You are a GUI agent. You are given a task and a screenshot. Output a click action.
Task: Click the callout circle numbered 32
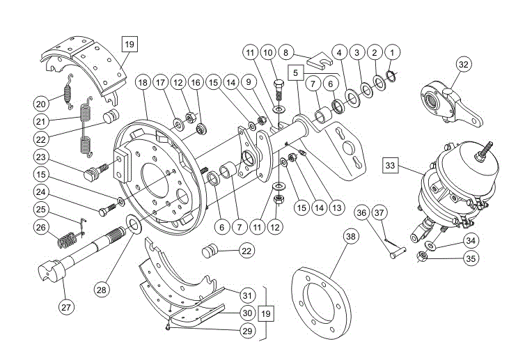[x=464, y=65]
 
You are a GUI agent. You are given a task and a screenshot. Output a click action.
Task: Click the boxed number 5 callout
[x=296, y=71]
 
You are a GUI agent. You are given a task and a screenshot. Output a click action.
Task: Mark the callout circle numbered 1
[x=392, y=52]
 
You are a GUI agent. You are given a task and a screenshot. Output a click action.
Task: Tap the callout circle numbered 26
[x=42, y=227]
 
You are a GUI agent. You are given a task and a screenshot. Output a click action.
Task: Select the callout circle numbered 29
[x=246, y=331]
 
